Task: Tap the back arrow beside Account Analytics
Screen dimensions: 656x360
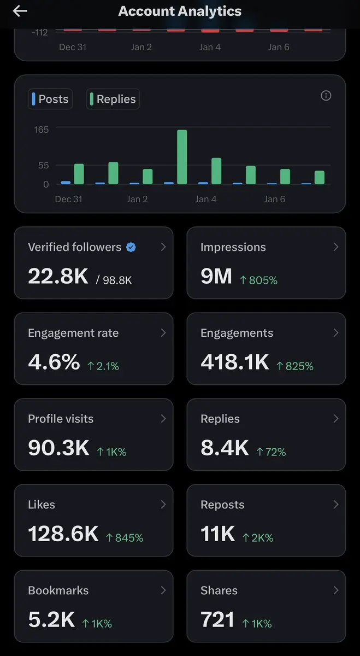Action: click(20, 11)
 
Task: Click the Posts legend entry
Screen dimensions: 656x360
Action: click(50, 99)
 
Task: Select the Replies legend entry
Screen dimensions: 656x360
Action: click(113, 99)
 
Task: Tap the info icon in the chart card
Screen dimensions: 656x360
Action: click(326, 96)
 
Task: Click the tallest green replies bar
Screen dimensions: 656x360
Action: click(182, 157)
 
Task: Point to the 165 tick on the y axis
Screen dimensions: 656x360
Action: click(42, 130)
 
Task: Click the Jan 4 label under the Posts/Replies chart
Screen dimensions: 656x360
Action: click(206, 199)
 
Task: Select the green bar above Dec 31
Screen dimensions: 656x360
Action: click(79, 174)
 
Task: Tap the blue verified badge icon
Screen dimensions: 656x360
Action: click(131, 247)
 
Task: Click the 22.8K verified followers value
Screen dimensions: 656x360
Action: click(58, 277)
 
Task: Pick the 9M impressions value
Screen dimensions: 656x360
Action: click(216, 277)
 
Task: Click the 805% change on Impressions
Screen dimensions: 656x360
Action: click(258, 280)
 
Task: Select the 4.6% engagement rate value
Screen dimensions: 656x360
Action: click(54, 362)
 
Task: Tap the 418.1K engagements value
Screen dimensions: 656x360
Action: click(235, 362)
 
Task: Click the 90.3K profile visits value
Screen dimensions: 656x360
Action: click(58, 448)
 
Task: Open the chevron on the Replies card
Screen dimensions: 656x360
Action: click(335, 419)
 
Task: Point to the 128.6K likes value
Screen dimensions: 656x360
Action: click(63, 534)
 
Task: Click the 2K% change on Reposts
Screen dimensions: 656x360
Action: click(258, 538)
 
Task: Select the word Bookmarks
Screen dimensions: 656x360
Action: click(58, 590)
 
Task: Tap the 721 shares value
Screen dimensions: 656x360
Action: click(217, 620)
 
